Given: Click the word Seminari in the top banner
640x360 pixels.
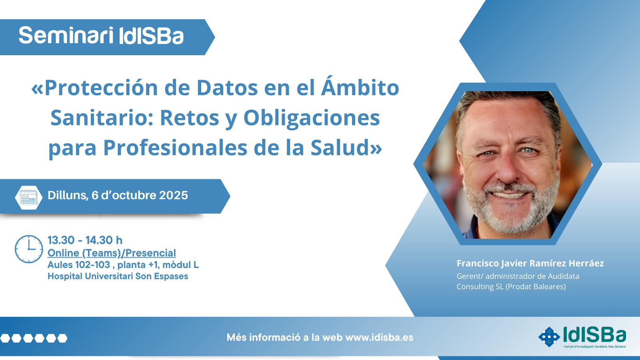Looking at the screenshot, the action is point(66,36).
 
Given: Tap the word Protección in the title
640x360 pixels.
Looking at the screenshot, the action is point(101,88).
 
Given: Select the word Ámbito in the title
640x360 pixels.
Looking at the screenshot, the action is point(360,86).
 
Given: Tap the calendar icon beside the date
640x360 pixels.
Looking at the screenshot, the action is point(28,198).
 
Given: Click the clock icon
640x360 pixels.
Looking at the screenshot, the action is point(29,249).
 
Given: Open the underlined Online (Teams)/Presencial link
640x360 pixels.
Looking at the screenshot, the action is point(112,253).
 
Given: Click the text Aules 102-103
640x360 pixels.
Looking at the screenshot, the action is point(79,265).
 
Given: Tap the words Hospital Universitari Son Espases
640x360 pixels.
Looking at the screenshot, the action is point(118,276).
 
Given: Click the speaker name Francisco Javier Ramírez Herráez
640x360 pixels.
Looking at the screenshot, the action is point(530,264).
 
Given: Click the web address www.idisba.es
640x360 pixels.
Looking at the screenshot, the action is point(380,338).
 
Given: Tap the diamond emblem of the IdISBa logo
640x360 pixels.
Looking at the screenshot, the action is point(549,337).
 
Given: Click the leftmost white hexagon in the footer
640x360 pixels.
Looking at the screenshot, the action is point(5,338).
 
